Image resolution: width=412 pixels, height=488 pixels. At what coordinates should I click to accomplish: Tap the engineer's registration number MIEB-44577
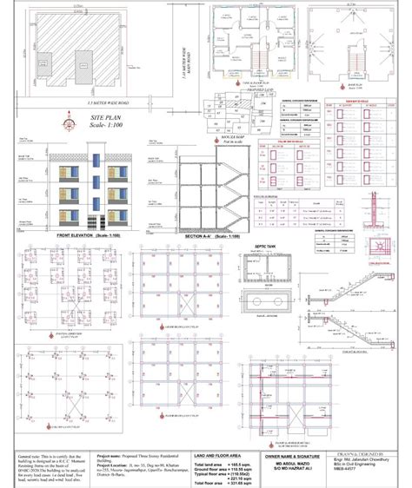[354, 483]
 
